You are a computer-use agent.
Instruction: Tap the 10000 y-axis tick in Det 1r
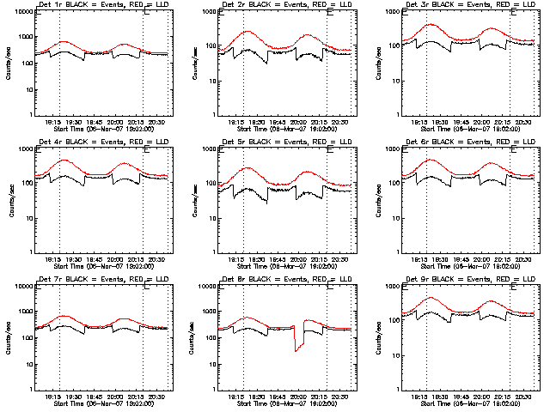22,12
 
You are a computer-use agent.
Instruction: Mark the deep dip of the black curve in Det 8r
296,350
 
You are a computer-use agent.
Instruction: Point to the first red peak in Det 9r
431,298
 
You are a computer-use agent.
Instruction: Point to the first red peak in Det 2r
248,31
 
